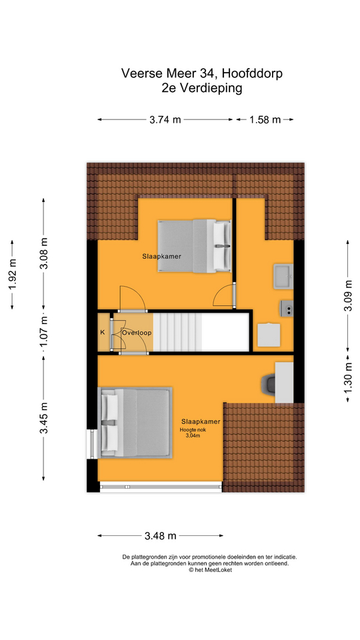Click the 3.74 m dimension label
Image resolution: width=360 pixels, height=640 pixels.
point(165,119)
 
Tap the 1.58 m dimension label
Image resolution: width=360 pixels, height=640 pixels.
point(265,119)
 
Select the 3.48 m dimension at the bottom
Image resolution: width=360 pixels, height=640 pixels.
point(161,535)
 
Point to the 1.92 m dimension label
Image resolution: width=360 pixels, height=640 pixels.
point(13,274)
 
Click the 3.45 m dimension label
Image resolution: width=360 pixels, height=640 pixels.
point(44,418)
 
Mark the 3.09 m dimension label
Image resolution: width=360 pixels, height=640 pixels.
point(348,295)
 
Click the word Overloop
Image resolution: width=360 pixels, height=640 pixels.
point(136,333)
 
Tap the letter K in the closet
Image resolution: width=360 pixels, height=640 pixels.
point(103,332)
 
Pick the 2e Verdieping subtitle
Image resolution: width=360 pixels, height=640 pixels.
point(201,88)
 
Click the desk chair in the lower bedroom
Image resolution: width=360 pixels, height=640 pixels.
point(268,383)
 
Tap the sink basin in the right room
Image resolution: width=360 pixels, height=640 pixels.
point(283,276)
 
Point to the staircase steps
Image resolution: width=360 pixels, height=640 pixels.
point(177,331)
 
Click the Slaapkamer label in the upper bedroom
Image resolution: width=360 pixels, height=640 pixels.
point(161,257)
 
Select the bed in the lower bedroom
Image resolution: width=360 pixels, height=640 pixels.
point(135,423)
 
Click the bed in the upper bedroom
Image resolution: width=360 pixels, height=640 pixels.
point(194,246)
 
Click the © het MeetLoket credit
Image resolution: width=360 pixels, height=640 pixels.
point(210,569)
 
